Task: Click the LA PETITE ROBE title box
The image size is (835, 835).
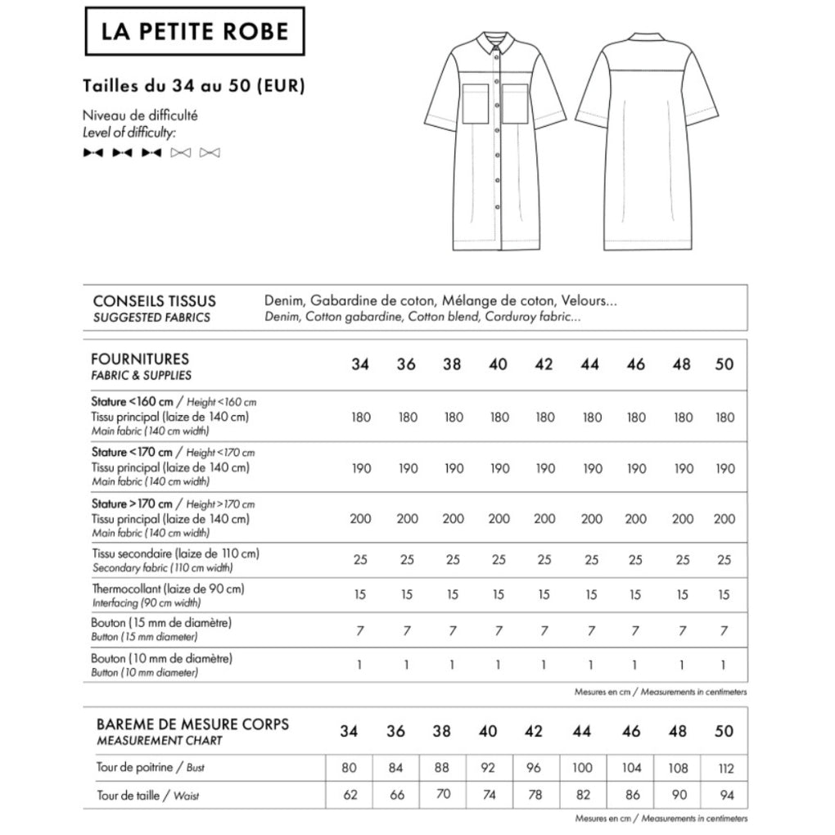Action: point(194,31)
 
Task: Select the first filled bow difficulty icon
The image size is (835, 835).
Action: point(93,152)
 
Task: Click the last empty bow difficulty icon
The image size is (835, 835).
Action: point(210,152)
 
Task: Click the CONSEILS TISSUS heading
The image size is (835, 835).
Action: point(155,301)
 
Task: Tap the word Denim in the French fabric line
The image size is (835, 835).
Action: point(283,301)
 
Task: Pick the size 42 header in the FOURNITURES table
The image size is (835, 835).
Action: point(544,365)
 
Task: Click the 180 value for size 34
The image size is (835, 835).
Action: point(360,417)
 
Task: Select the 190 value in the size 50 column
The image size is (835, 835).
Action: point(724,469)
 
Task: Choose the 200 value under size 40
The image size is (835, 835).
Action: point(498,519)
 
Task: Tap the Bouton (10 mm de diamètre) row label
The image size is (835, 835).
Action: point(162,658)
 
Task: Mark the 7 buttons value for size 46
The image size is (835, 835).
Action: point(635,630)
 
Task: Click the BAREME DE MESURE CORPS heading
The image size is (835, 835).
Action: point(192,724)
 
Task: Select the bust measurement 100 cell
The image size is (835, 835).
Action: point(583,769)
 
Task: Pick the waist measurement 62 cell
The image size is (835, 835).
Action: point(350,795)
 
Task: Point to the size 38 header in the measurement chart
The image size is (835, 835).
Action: point(441,731)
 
